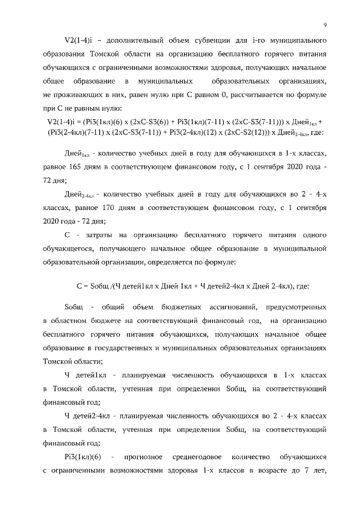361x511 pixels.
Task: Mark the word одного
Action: click(314, 234)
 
